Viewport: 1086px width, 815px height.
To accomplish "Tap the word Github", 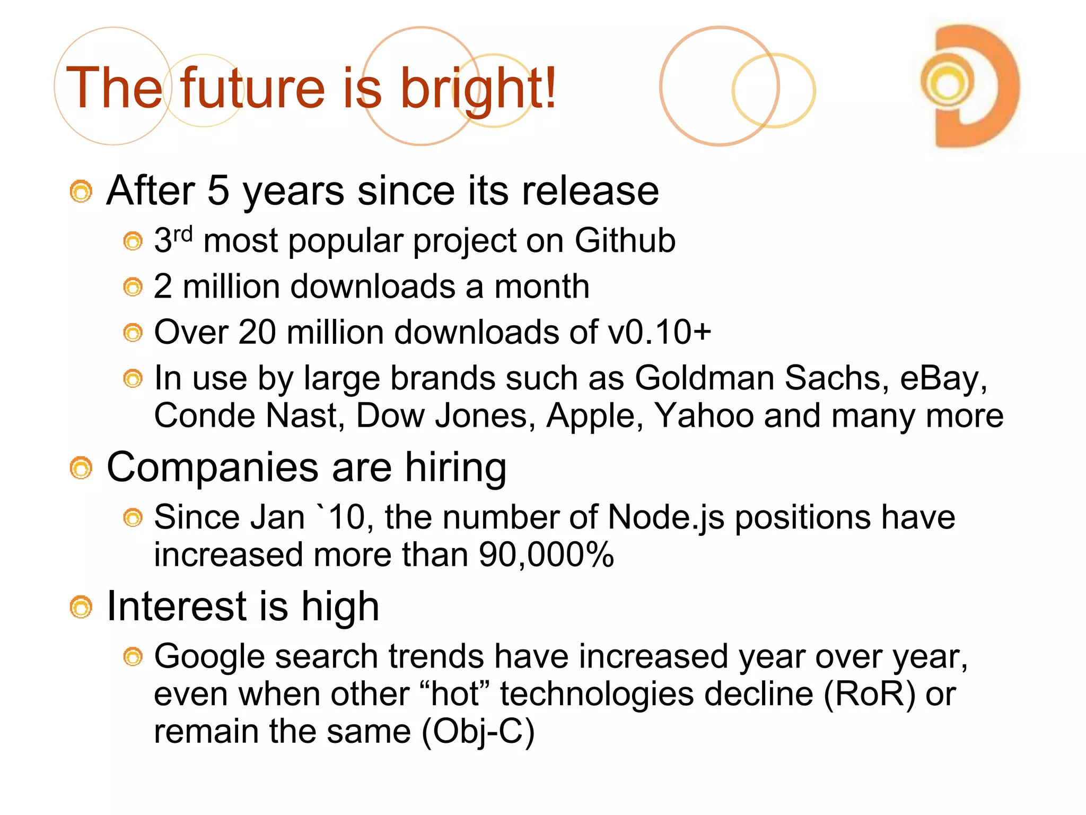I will coord(625,241).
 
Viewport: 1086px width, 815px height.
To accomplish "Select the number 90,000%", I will coord(546,555).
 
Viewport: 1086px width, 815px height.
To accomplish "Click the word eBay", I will coord(943,378).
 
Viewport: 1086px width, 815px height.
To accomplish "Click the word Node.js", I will coord(665,517).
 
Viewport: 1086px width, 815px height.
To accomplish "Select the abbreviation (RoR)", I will coord(869,694).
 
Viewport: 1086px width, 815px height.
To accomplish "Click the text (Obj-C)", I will coord(478,732).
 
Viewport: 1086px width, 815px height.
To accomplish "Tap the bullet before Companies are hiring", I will coord(81,469).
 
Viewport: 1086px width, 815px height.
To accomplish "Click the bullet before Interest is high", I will coord(81,608).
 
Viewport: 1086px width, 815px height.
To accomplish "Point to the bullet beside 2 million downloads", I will coord(133,288).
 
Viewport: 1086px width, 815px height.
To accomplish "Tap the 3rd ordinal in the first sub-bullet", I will coord(173,240).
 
